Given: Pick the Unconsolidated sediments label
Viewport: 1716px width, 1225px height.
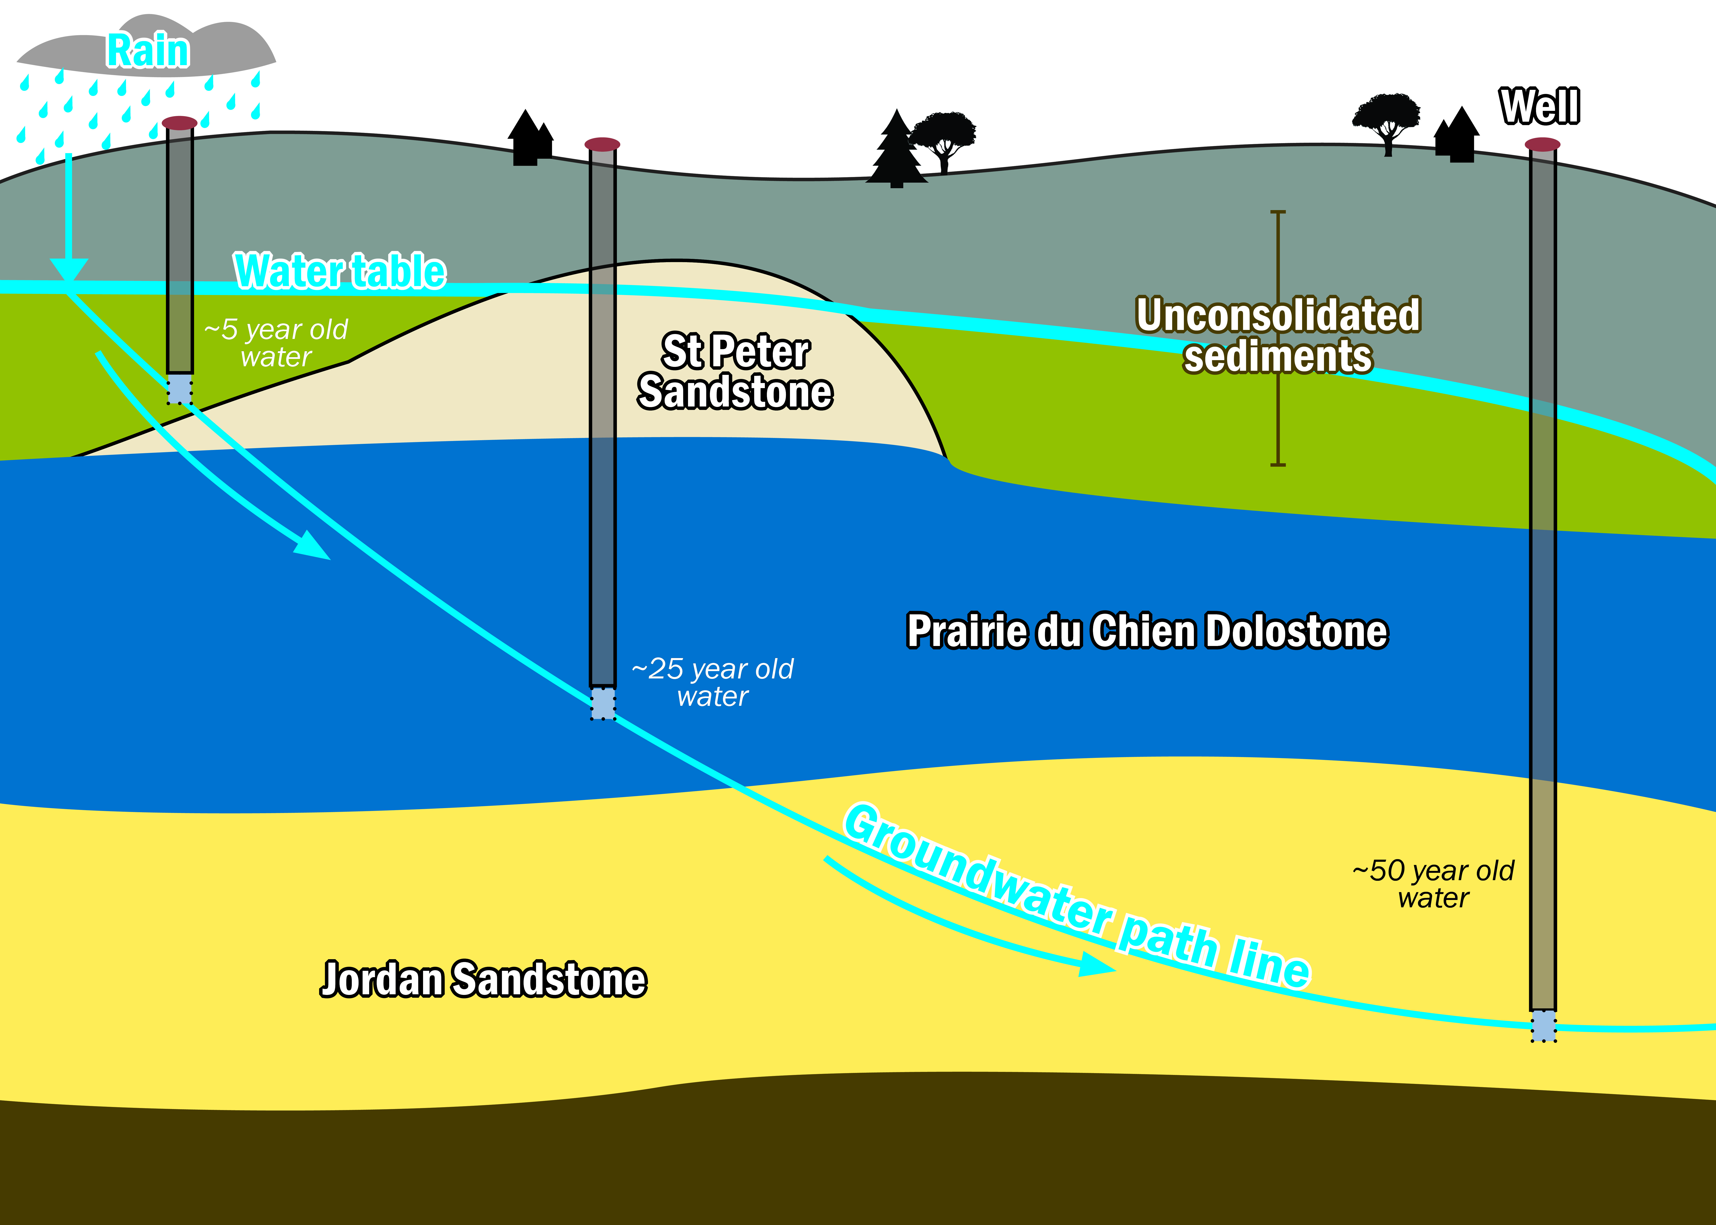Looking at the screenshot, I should (x=1278, y=336).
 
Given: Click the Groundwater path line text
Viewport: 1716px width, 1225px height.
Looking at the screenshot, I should (x=1075, y=898).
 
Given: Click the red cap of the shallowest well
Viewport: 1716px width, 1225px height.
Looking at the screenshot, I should (x=180, y=122).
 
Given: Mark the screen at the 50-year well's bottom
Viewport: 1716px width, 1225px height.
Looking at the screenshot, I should (x=1543, y=1026).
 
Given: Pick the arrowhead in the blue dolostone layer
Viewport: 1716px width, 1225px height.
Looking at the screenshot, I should (x=311, y=545).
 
